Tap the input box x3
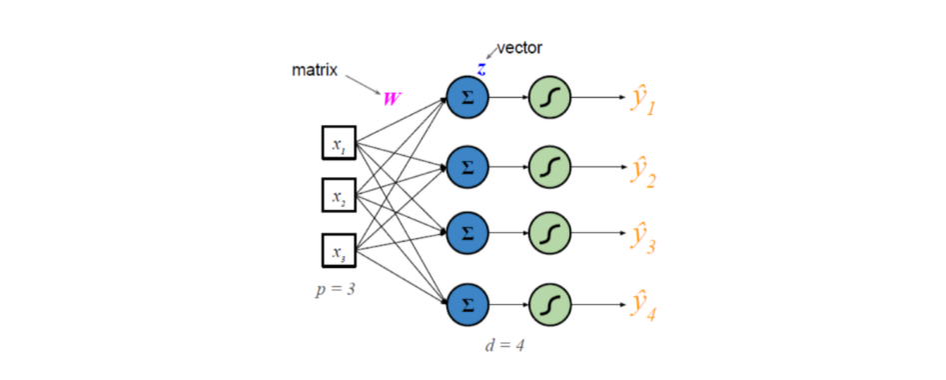click(x=339, y=250)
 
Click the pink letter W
click(x=392, y=99)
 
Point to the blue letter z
click(x=480, y=69)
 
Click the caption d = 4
click(x=503, y=346)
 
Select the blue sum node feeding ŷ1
click(x=467, y=98)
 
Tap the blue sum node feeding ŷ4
click(x=467, y=301)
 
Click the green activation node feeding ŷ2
click(x=548, y=165)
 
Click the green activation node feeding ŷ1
click(x=548, y=98)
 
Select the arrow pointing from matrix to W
click(x=363, y=84)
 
